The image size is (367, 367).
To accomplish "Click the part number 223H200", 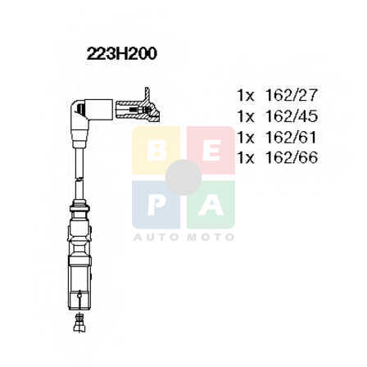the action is (x=122, y=53).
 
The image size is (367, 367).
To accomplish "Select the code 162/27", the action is (x=291, y=95).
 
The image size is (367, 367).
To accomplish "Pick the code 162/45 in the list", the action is (x=291, y=116).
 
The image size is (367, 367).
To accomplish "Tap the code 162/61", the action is (x=291, y=137).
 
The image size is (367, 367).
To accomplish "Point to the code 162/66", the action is (x=291, y=157).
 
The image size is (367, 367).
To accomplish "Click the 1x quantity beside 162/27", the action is (x=246, y=95).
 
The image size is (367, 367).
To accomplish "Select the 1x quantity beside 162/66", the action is (x=246, y=158).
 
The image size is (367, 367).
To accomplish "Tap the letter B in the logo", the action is (x=156, y=151).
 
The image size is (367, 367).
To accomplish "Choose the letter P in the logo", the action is (x=156, y=205).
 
